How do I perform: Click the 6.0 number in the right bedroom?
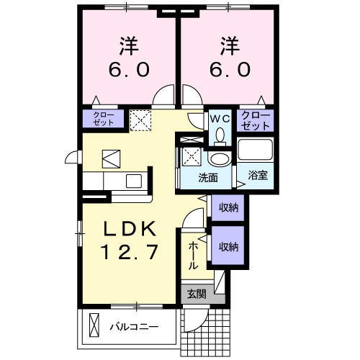(230, 70)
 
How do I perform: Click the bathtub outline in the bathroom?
(256, 151)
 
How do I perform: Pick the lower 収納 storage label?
(229, 247)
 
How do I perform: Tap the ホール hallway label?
(193, 256)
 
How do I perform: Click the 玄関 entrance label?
(197, 294)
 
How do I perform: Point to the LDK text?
(129, 228)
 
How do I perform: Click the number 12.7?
(129, 253)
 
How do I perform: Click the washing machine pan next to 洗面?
(190, 155)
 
